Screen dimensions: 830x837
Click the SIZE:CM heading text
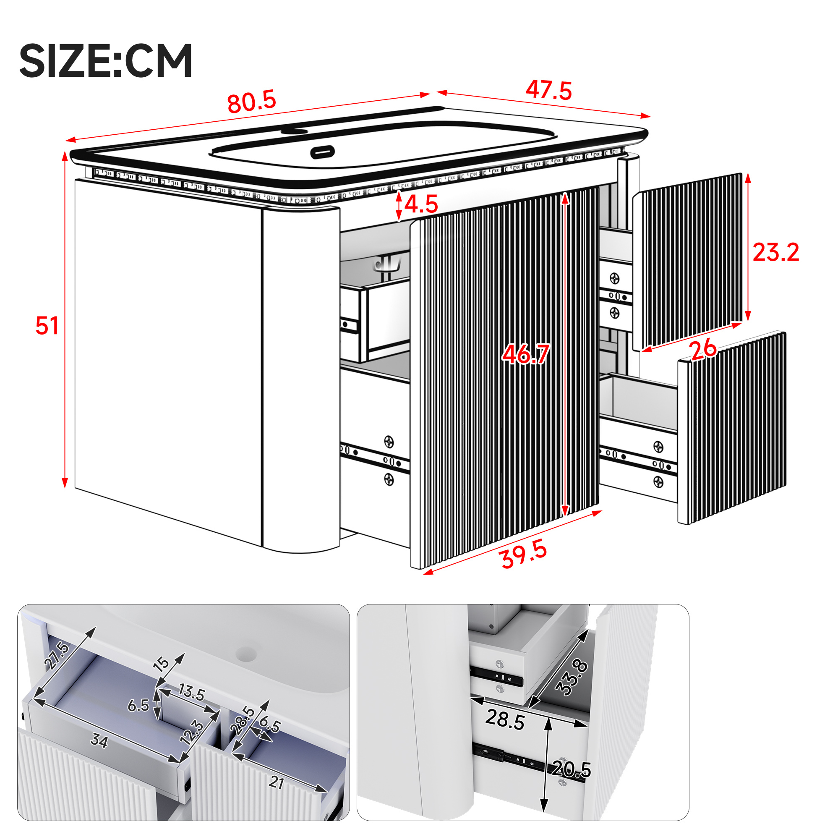(x=106, y=60)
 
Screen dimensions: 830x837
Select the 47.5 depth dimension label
(x=548, y=90)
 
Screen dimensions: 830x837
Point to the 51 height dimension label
(x=47, y=326)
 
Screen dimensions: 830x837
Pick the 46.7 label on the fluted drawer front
(x=525, y=354)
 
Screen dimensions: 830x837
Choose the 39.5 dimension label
(x=523, y=555)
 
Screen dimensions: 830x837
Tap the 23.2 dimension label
(x=775, y=252)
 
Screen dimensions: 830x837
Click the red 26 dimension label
(x=702, y=349)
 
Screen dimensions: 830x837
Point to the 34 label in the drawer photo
(x=99, y=741)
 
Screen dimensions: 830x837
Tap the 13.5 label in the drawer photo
(x=191, y=692)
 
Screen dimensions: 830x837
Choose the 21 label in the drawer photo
(x=277, y=782)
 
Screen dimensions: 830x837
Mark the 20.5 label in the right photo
(x=572, y=769)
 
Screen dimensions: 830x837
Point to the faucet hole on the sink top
(x=294, y=130)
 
